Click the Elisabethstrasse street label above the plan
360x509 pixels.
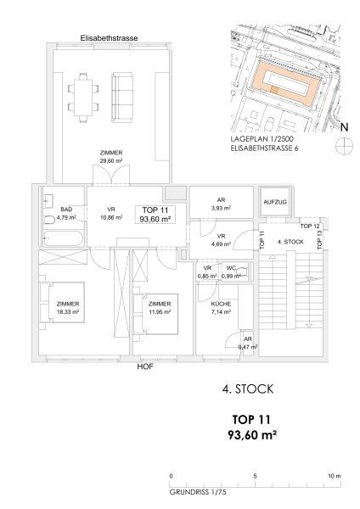[x=109, y=38]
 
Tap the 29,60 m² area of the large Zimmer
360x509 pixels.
[x=111, y=160]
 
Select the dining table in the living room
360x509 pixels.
[x=83, y=98]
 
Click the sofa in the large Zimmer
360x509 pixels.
[x=122, y=98]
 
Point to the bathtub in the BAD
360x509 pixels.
[x=64, y=238]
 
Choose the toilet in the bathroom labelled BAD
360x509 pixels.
[x=49, y=220]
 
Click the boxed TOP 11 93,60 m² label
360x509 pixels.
[x=155, y=215]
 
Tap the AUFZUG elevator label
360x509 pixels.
[x=275, y=202]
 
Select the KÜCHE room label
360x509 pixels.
[x=221, y=305]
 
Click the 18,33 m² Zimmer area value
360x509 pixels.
[x=68, y=312]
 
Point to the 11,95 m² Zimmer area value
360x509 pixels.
[x=160, y=312]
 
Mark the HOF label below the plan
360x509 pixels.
[x=145, y=367]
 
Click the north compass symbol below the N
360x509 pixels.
[x=344, y=145]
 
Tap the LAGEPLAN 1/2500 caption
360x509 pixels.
[x=262, y=139]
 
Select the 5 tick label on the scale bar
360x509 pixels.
[x=255, y=476]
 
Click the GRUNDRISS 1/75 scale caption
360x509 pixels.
[x=198, y=492]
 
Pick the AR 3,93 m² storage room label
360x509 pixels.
[x=222, y=204]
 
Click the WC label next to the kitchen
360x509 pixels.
[x=231, y=268]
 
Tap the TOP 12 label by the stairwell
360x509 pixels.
[x=310, y=226]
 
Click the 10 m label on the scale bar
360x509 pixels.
[x=335, y=476]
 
